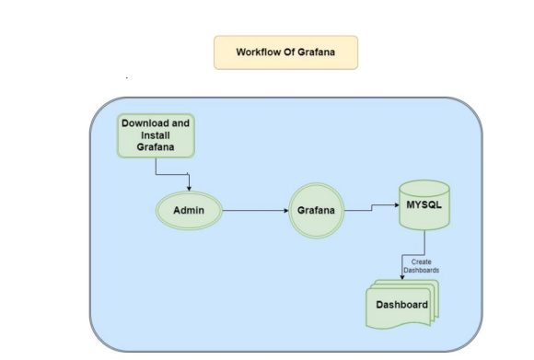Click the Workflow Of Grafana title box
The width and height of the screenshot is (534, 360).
[x=285, y=52]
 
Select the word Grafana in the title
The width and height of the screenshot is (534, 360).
[x=312, y=52]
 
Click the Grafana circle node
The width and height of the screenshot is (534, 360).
[x=317, y=212]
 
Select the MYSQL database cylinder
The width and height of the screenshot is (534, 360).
[x=424, y=207]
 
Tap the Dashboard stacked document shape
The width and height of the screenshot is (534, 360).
[x=402, y=304]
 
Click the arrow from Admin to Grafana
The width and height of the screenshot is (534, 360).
[x=253, y=211]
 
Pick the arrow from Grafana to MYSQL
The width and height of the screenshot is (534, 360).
[x=371, y=209]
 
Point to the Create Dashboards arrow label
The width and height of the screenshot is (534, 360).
[x=421, y=266]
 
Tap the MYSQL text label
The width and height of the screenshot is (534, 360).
[x=424, y=203]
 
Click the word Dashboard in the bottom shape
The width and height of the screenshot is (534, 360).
[x=401, y=305]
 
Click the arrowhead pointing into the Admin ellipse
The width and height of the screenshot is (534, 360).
[x=189, y=187]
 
